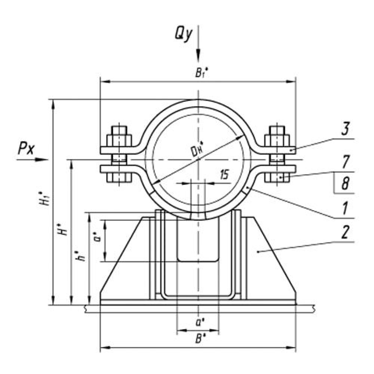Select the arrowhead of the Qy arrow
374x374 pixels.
pyautogui.click(x=198, y=56)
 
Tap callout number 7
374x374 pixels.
pyautogui.click(x=344, y=162)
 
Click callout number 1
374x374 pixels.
pyautogui.click(x=344, y=208)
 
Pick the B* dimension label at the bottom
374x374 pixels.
pyautogui.click(x=199, y=339)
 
